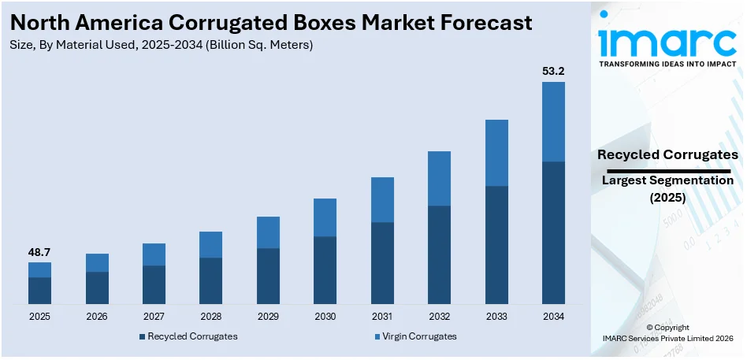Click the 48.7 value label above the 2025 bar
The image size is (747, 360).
(x=39, y=252)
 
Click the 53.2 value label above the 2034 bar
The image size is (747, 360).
(x=553, y=71)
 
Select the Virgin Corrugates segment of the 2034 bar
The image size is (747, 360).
(x=553, y=121)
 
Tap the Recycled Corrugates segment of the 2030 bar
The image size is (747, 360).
(x=325, y=270)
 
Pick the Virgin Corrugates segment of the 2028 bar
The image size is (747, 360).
(x=210, y=244)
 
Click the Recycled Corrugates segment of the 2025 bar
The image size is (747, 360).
(x=39, y=291)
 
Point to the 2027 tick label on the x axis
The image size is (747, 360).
(x=154, y=317)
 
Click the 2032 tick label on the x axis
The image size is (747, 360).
(x=439, y=317)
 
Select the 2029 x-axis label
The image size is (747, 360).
(x=268, y=317)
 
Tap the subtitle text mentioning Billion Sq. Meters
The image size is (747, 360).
(x=162, y=45)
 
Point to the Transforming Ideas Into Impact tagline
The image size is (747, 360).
(x=668, y=64)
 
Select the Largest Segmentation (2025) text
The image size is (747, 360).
(x=667, y=189)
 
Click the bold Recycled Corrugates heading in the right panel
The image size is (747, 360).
(x=667, y=154)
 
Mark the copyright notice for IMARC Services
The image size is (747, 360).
(x=667, y=332)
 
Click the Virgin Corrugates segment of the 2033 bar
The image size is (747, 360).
(x=496, y=153)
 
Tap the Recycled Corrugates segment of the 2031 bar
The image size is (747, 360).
(x=382, y=263)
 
